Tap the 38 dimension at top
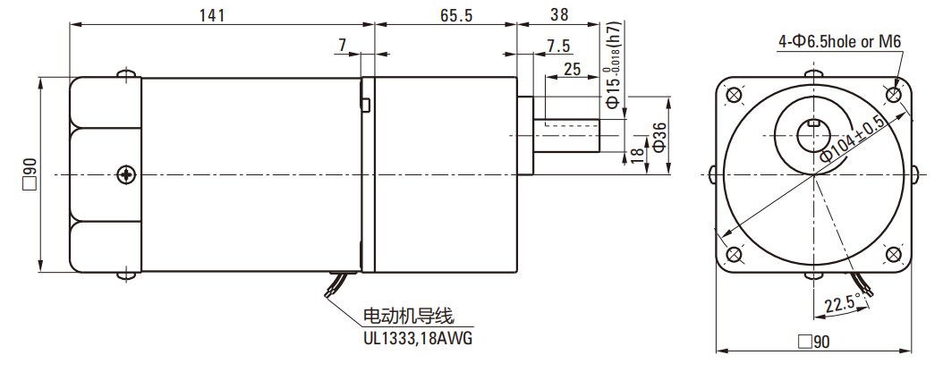[559, 14]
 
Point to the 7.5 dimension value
[558, 46]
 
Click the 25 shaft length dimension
[573, 68]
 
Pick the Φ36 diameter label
[659, 136]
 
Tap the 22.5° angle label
[842, 303]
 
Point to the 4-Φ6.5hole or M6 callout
[838, 41]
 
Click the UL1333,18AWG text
[417, 339]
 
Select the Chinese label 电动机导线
[409, 316]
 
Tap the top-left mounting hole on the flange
[734, 95]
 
